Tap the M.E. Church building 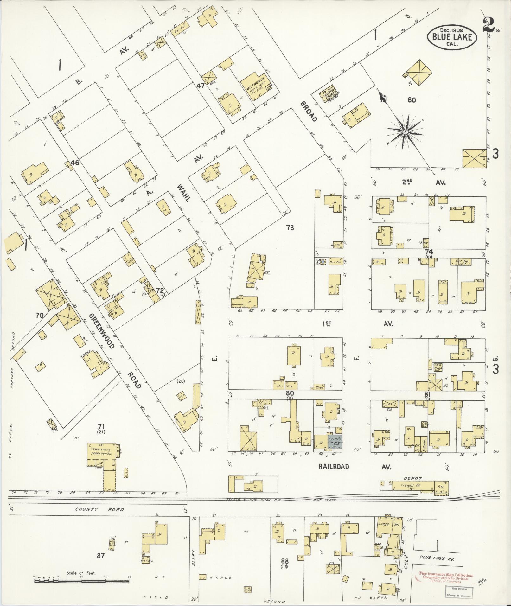(255, 86)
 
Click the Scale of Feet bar (82, 581)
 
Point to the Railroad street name (334, 467)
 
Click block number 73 (290, 227)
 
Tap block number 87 (100, 556)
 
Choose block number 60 (412, 100)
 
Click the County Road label (99, 510)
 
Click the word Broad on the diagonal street (309, 112)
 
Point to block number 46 (75, 163)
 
